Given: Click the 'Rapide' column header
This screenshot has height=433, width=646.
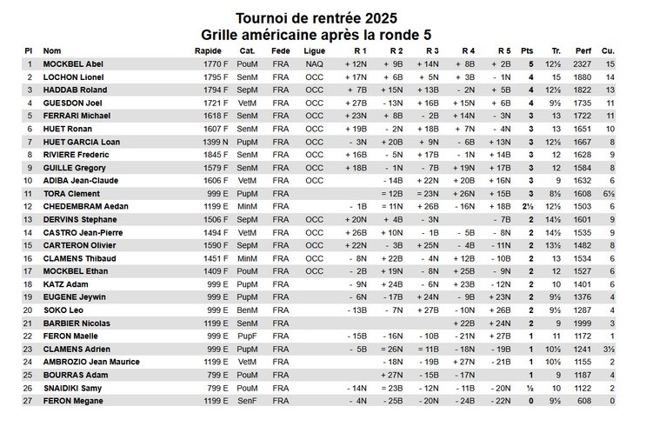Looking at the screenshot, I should pyautogui.click(x=209, y=50).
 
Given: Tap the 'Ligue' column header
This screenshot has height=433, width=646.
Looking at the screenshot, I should pyautogui.click(x=315, y=50).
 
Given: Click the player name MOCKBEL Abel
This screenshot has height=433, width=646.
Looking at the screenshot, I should pyautogui.click(x=73, y=63).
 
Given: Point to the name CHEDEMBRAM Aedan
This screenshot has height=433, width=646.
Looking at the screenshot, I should pyautogui.click(x=85, y=206).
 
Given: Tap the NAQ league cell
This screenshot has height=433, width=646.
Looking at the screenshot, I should pyautogui.click(x=314, y=63).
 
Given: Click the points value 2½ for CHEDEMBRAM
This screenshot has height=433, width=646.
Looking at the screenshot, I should pyautogui.click(x=529, y=206).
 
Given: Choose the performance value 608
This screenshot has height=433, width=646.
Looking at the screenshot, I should pyautogui.click(x=584, y=401).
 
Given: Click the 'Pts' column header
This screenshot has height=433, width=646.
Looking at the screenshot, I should pyautogui.click(x=527, y=50).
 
